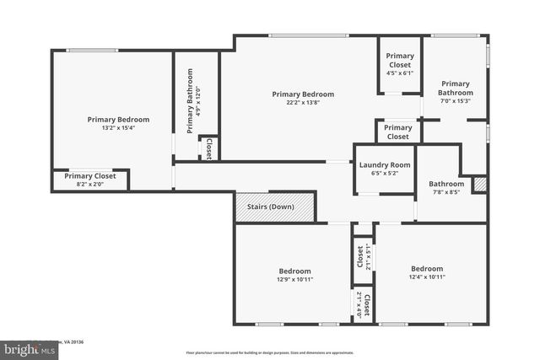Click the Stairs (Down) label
(x=270, y=207)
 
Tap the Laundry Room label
(x=384, y=164)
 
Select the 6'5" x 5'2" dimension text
(x=384, y=173)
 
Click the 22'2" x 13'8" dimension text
(x=303, y=103)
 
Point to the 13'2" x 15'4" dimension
(x=118, y=128)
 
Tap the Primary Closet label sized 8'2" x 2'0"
(x=89, y=175)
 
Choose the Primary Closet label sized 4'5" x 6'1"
(x=400, y=60)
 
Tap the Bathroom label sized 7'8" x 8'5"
(x=445, y=184)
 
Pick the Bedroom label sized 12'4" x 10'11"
(x=427, y=267)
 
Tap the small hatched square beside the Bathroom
(x=480, y=184)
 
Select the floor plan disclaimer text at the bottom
(x=270, y=352)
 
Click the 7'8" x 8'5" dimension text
(x=445, y=192)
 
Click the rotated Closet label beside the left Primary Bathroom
(x=208, y=148)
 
